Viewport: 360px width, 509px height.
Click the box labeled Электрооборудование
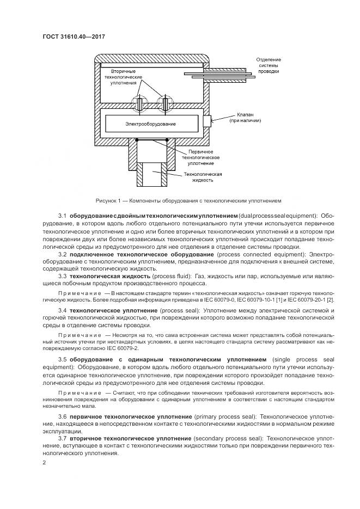coord(150,125)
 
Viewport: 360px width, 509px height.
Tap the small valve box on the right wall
coord(207,120)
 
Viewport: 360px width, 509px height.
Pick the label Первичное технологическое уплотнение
coord(200,157)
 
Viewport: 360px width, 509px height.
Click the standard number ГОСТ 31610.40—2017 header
coord(73,37)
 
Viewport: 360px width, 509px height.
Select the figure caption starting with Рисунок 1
coord(188,200)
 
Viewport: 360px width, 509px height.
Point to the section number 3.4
coord(62,310)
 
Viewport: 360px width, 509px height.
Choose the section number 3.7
coord(62,438)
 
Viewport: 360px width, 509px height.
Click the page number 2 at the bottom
coord(44,463)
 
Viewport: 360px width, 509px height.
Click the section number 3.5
coord(62,360)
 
